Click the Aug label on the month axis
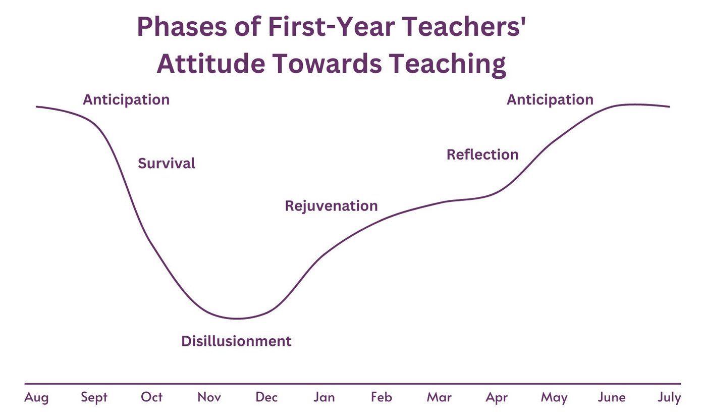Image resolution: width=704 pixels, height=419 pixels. [x=37, y=398]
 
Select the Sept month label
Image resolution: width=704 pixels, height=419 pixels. [x=94, y=398]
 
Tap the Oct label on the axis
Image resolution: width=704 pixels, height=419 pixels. [x=152, y=397]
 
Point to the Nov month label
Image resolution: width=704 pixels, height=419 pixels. [x=209, y=397]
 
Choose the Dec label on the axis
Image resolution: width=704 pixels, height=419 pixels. [x=266, y=397]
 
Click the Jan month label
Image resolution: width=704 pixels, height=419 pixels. [x=324, y=397]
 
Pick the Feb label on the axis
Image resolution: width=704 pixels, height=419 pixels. [x=382, y=397]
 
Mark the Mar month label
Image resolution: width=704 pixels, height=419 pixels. [x=439, y=397]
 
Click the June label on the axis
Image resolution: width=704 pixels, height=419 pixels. [x=612, y=397]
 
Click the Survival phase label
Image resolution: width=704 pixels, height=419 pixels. [x=167, y=164]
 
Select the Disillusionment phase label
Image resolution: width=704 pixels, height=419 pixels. [x=236, y=341]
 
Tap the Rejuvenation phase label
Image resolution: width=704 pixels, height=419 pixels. [x=331, y=206]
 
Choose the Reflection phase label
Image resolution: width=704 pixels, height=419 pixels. [x=482, y=154]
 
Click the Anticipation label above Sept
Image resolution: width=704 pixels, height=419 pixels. [x=126, y=100]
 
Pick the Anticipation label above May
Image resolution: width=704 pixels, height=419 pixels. [x=550, y=100]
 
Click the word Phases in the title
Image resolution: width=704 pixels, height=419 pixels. [x=181, y=28]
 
